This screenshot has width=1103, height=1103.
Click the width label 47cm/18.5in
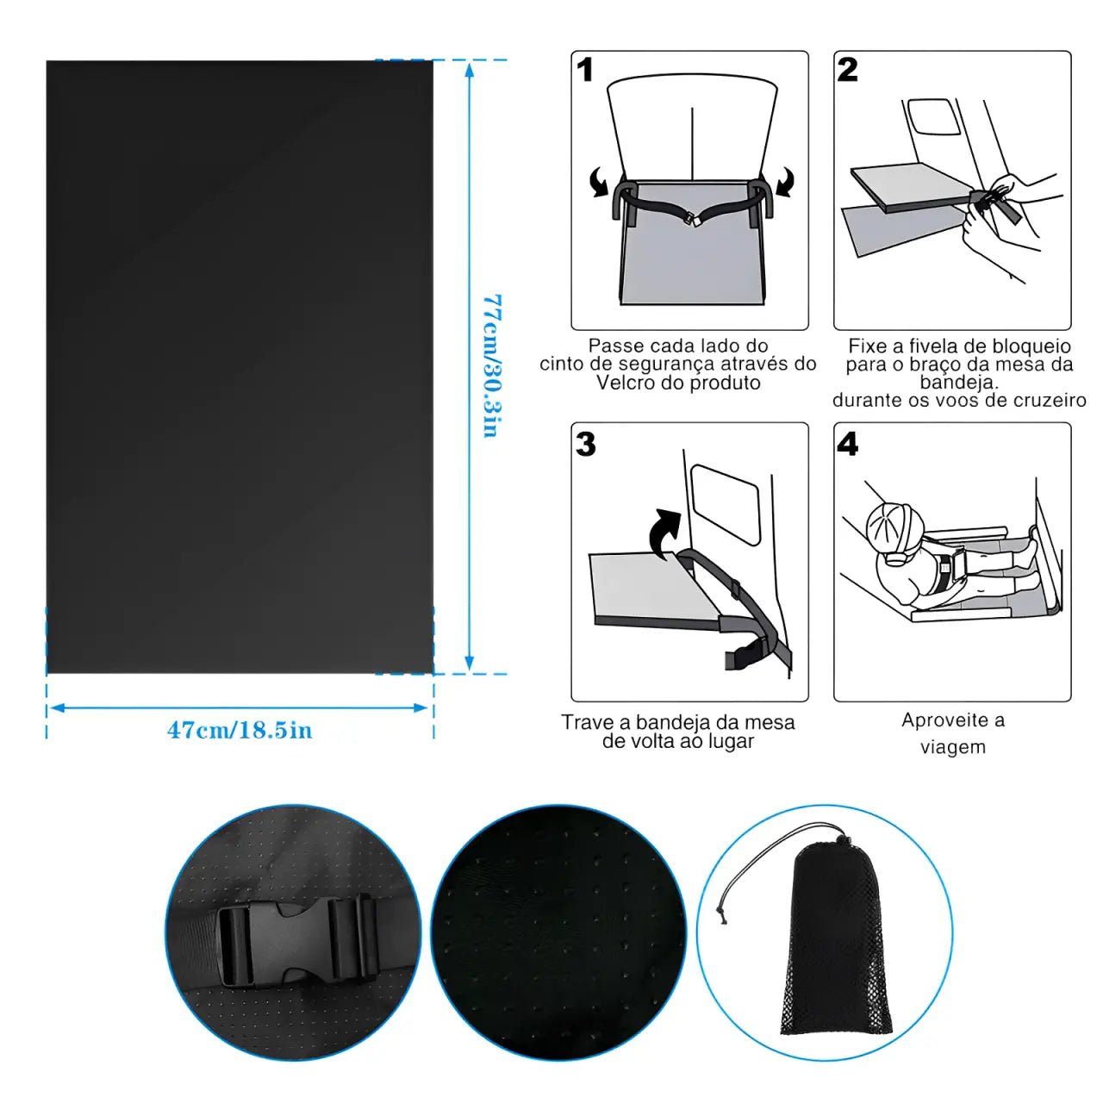point(240,731)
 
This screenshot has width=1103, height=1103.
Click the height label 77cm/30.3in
point(492,365)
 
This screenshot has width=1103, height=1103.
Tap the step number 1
point(584,70)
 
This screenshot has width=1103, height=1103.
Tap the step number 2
point(847,70)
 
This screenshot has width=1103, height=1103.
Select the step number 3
point(586,444)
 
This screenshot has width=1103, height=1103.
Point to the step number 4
point(848,444)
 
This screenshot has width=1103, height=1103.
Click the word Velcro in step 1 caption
point(626,383)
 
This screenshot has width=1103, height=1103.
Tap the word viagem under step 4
point(953,748)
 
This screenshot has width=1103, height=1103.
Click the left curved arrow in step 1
point(599,183)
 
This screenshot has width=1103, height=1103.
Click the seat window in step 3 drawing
point(725,504)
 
